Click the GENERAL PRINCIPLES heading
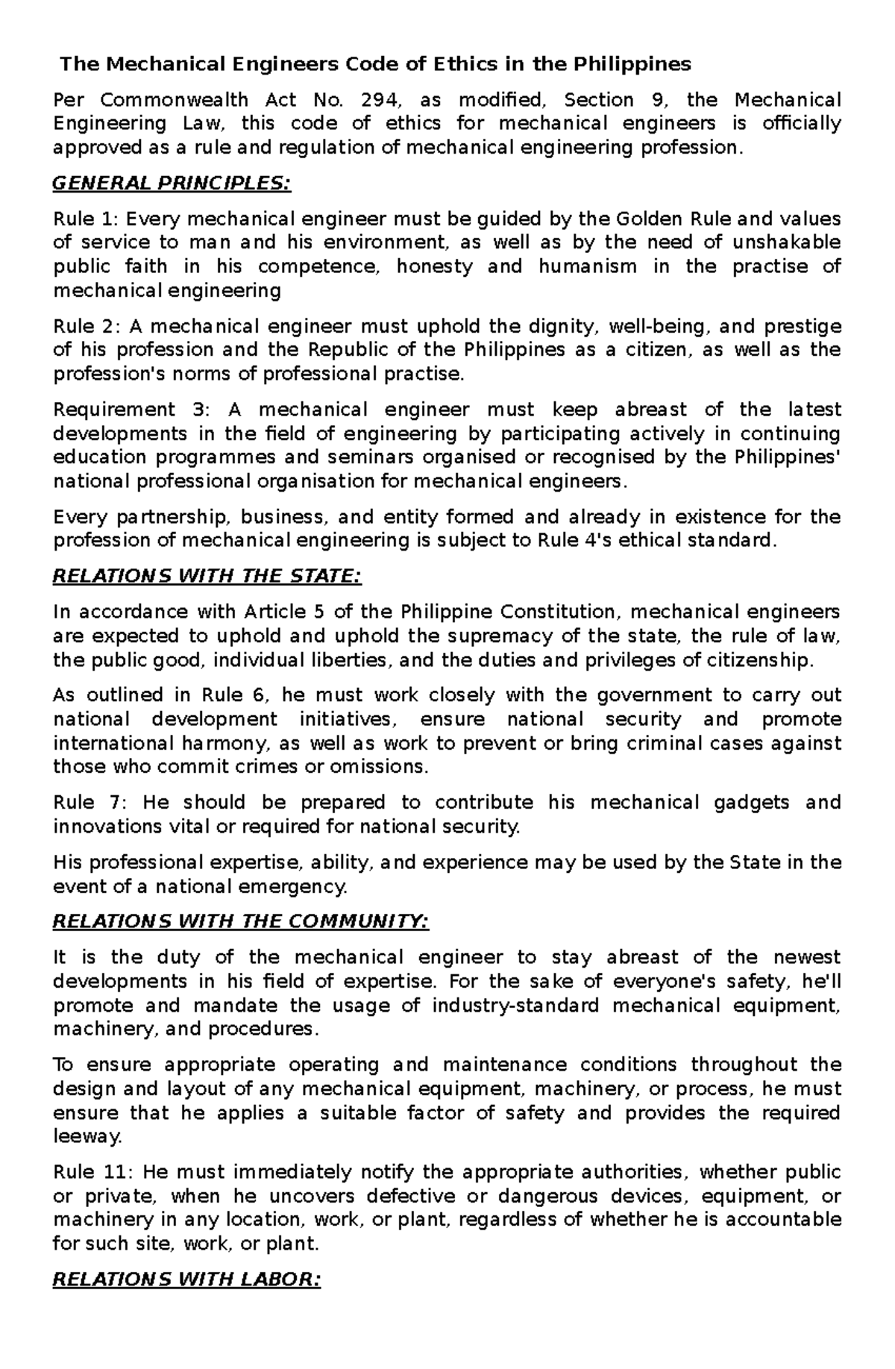click(x=172, y=184)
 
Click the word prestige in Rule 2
click(x=803, y=327)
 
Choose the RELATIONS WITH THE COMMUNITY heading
click(x=241, y=922)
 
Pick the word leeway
click(x=86, y=1138)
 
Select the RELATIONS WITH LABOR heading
click(x=186, y=1281)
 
